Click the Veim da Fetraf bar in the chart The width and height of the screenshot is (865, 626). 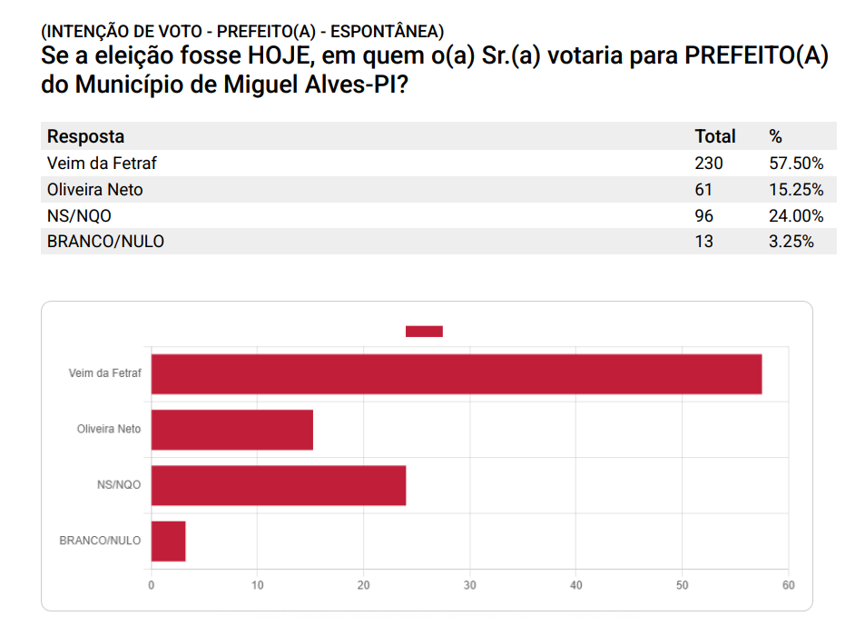tap(456, 373)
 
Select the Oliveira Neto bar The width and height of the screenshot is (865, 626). tap(231, 430)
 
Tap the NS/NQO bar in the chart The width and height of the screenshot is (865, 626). tap(278, 485)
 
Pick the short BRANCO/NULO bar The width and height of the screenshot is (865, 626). tap(168, 541)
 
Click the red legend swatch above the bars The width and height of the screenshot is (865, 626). tap(423, 332)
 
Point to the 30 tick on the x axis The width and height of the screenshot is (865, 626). tap(469, 585)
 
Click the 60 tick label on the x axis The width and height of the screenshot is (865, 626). tap(788, 585)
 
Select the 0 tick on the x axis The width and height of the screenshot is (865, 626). tap(152, 585)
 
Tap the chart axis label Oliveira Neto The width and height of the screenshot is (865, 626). tap(109, 429)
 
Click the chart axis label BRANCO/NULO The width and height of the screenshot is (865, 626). tap(100, 541)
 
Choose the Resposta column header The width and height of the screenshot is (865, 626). tap(85, 137)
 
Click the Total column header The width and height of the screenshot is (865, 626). tap(714, 137)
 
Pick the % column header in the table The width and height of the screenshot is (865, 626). tap(775, 137)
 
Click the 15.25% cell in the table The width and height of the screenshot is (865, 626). tap(795, 190)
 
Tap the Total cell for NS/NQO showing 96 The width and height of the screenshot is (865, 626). tap(703, 216)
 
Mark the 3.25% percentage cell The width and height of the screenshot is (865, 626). tap(791, 242)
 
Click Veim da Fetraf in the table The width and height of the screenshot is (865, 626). tap(95, 164)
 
